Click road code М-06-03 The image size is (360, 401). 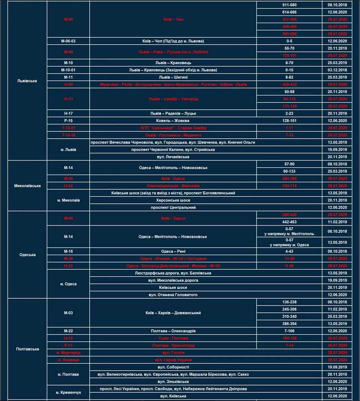coord(68,41)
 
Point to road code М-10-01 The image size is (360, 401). coord(68,70)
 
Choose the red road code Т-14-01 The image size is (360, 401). coord(68,128)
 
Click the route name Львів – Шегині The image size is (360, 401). coord(173,77)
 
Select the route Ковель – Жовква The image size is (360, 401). coord(173,121)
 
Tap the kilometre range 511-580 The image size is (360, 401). coord(290,5)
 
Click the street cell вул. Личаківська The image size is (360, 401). coord(173,157)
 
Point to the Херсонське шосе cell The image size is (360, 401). coord(173,200)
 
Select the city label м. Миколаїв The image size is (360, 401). coord(68,200)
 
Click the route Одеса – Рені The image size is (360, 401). coord(173,251)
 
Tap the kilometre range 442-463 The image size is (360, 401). coord(290,222)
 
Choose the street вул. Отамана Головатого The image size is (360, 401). coord(173,295)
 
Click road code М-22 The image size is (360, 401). coord(68,331)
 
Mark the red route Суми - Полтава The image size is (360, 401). coord(173,338)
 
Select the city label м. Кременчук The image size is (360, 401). coord(68,392)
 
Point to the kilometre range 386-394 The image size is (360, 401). coord(290,324)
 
